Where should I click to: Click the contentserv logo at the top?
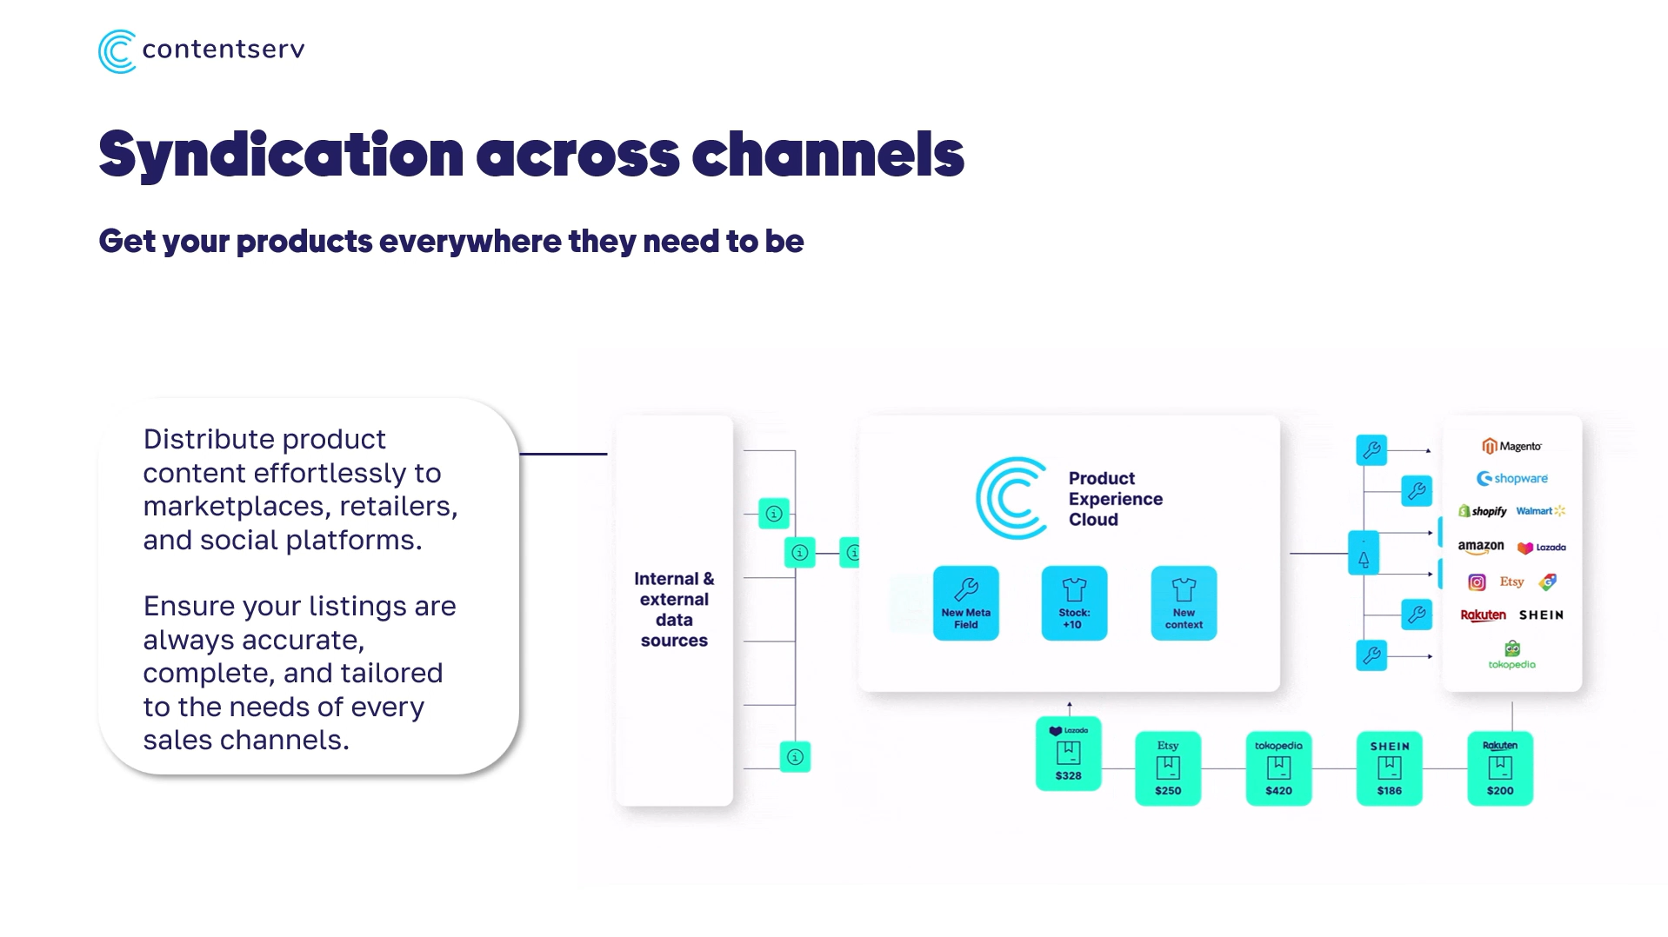(201, 51)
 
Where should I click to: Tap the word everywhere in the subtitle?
(470, 242)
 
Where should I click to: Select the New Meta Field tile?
(965, 603)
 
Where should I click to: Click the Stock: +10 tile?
(1074, 603)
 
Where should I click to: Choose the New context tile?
(1184, 603)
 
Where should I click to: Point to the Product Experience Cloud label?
(1114, 499)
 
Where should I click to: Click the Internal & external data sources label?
(674, 609)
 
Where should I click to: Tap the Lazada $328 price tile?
(1068, 754)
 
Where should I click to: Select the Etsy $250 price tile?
(1167, 768)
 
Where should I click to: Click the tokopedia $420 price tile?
(1278, 768)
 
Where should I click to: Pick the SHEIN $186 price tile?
(1389, 768)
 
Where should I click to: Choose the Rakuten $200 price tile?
(1499, 768)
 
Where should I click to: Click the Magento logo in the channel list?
(1511, 446)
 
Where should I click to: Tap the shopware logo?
(1511, 478)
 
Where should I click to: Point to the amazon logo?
(1480, 547)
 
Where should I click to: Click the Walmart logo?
(1539, 511)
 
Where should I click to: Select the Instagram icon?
(1477, 582)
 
